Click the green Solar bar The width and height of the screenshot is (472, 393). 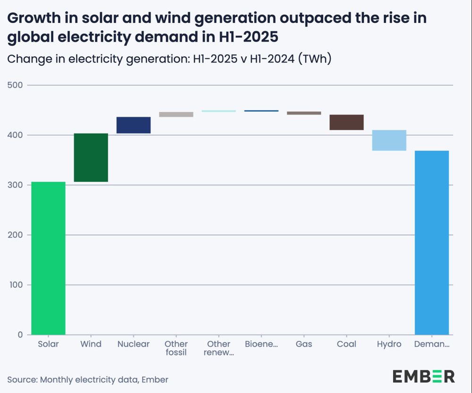tap(49, 258)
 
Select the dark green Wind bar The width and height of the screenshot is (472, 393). tap(91, 158)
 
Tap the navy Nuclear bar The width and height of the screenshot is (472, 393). tap(134, 125)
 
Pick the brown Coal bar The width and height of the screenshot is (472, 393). tap(346, 122)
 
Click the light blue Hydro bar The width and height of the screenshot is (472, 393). tap(389, 140)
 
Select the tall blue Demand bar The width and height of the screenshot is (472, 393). tap(432, 242)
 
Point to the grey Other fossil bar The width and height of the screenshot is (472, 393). tap(176, 114)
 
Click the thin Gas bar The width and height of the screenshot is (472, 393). tap(304, 113)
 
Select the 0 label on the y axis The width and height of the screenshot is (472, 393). tap(20, 335)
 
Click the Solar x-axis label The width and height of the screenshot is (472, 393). tap(49, 344)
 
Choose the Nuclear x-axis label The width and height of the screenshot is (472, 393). tap(134, 344)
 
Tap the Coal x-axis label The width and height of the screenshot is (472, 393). tap(346, 344)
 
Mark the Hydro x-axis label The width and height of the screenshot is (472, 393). tap(389, 344)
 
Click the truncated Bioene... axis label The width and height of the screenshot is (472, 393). tap(261, 344)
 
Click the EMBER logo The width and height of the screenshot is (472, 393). tap(423, 376)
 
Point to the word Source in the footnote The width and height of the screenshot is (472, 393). tap(22, 379)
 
